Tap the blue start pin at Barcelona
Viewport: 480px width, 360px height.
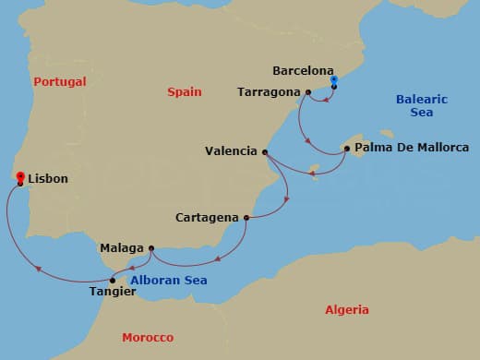coord(333,81)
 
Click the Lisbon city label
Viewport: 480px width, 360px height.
coord(48,179)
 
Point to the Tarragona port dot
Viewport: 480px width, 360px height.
coord(307,92)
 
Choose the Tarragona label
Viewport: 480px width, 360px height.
coord(269,92)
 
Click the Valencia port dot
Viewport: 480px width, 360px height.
coord(266,152)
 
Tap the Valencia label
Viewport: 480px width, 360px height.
coord(231,152)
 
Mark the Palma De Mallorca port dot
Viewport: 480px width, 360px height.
coord(346,148)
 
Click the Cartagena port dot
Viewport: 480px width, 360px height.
coord(246,218)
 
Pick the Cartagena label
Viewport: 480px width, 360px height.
coord(208,219)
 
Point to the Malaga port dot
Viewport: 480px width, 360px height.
coord(150,247)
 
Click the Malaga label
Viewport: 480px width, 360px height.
coord(122,248)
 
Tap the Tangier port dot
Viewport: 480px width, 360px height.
coord(113,280)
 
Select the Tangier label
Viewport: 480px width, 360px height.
coord(113,293)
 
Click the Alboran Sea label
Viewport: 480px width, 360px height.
coord(168,281)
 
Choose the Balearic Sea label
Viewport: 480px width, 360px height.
coord(421,105)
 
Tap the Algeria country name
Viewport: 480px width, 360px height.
coord(347,310)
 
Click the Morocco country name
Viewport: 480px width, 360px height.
coord(148,338)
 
